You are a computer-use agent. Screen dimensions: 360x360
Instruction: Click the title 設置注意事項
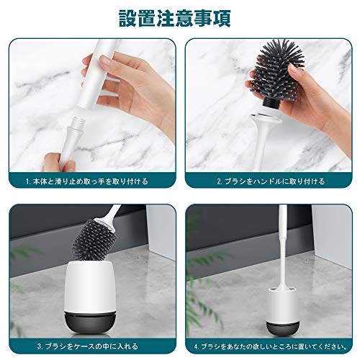[x=175, y=19]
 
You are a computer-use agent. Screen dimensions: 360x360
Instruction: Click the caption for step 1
[x=87, y=181]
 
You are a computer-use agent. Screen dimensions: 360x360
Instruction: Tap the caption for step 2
[x=271, y=181]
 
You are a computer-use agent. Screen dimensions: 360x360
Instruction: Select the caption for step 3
[x=88, y=346]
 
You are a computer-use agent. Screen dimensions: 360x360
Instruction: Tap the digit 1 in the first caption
[x=27, y=181]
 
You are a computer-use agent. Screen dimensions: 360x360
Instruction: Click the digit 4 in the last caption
[x=196, y=347]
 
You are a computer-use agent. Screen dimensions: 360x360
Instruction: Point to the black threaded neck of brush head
[x=271, y=103]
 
